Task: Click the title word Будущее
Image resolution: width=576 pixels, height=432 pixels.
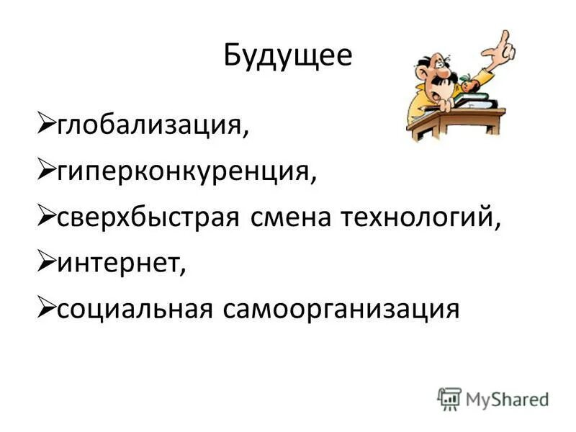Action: (x=288, y=55)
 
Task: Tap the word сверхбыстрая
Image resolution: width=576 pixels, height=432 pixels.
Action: (x=148, y=218)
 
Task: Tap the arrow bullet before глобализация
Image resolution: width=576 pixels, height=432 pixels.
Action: (x=45, y=127)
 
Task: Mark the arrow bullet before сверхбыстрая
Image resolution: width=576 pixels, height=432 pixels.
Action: (x=45, y=217)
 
